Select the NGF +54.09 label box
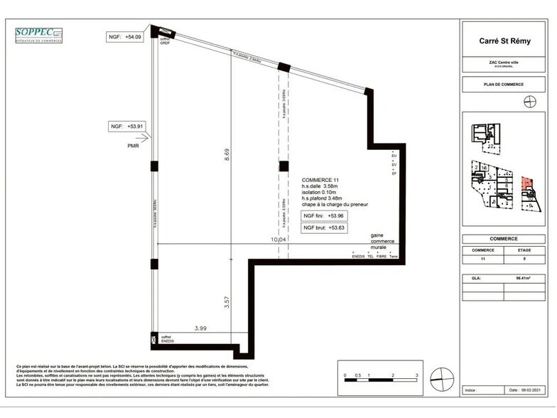tap(125, 36)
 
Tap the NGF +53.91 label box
tap(126, 127)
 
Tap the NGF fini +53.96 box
tap(323, 215)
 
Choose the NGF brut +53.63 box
tap(323, 228)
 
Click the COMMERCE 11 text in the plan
tap(321, 181)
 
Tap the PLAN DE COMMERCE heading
tap(503, 85)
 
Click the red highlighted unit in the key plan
tap(526, 186)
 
